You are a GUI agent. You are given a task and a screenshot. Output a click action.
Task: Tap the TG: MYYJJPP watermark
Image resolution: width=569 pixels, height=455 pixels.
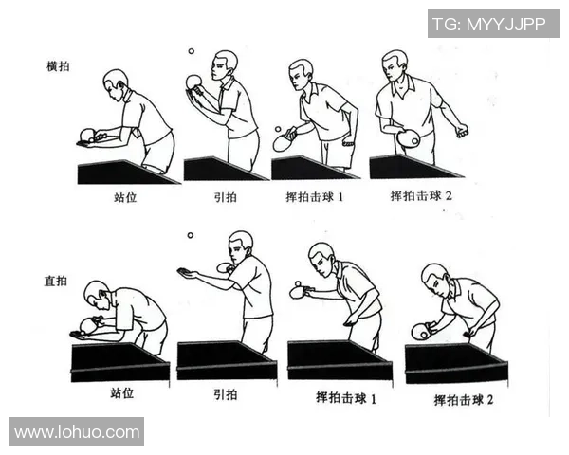493,24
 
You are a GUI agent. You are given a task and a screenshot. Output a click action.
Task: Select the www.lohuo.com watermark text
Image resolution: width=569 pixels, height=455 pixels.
77,432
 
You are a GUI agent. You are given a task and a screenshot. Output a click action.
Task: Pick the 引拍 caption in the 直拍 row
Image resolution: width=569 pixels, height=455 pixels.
225,393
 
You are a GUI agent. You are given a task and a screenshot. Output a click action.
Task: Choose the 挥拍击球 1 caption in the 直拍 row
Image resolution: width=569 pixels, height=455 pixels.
346,398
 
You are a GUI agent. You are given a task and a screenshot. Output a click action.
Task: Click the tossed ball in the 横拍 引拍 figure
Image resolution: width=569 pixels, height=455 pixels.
191,52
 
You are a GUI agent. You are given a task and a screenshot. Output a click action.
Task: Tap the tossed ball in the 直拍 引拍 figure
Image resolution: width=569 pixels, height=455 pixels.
190,235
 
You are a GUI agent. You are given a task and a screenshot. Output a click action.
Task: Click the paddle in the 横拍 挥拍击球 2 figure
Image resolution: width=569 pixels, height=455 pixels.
408,138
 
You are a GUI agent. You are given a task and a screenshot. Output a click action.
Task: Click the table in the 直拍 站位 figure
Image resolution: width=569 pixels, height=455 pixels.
119,360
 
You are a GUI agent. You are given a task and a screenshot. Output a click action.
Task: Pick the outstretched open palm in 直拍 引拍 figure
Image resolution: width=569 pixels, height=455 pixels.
188,272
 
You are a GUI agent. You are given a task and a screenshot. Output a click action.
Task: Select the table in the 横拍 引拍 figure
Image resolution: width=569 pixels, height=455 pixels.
224,169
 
